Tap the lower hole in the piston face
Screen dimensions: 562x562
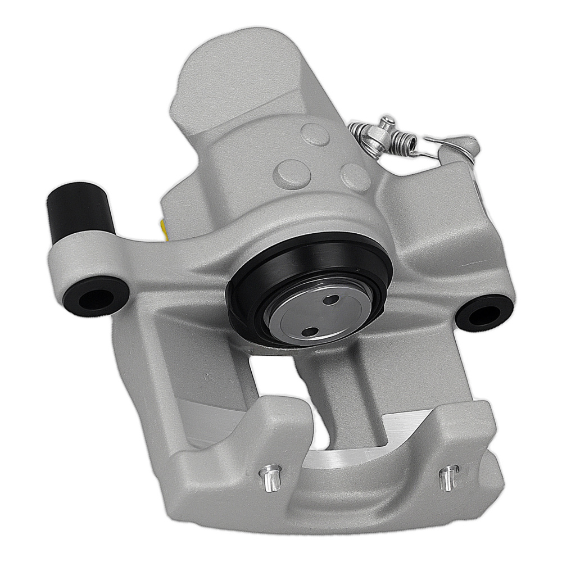[309, 332]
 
